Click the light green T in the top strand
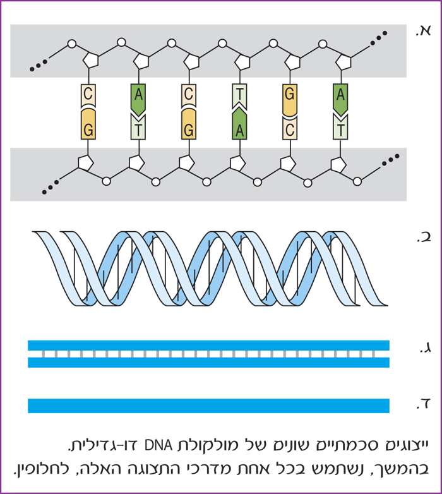tap(239, 96)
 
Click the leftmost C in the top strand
tap(88, 96)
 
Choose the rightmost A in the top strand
tap(340, 96)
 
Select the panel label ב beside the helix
tap(422, 237)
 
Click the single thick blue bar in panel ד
tap(208, 406)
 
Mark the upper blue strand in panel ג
tap(208, 345)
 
